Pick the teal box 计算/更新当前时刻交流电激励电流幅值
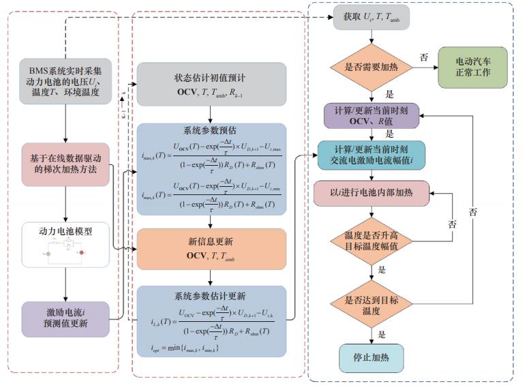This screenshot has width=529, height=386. click(371, 155)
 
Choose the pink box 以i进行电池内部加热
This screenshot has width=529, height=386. click(371, 193)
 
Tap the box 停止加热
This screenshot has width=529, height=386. click(371, 357)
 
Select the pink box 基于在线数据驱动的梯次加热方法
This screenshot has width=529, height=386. click(65, 164)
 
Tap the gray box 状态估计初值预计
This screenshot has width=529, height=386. click(210, 85)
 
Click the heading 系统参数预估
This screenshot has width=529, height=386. click(210, 130)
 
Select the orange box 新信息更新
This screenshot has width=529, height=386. click(210, 248)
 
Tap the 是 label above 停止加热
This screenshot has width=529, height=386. click(382, 334)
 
